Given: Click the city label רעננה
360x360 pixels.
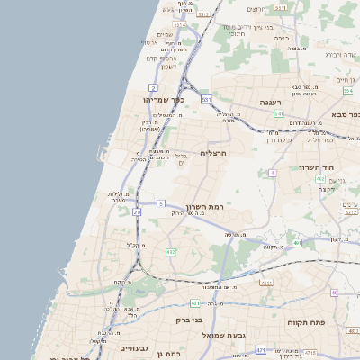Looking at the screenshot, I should (271, 103).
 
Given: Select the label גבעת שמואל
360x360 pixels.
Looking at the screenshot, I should (221, 335).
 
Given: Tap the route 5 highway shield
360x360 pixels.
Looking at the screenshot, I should (160, 204).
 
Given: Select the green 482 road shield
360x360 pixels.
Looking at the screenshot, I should (170, 253).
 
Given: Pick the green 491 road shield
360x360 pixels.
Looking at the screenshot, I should (297, 243).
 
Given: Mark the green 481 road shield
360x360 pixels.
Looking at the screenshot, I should (266, 282).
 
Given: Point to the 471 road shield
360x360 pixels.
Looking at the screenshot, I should (261, 349).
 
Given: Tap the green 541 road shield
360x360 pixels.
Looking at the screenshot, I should (279, 114).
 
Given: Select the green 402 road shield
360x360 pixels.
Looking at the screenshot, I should (320, 179).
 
